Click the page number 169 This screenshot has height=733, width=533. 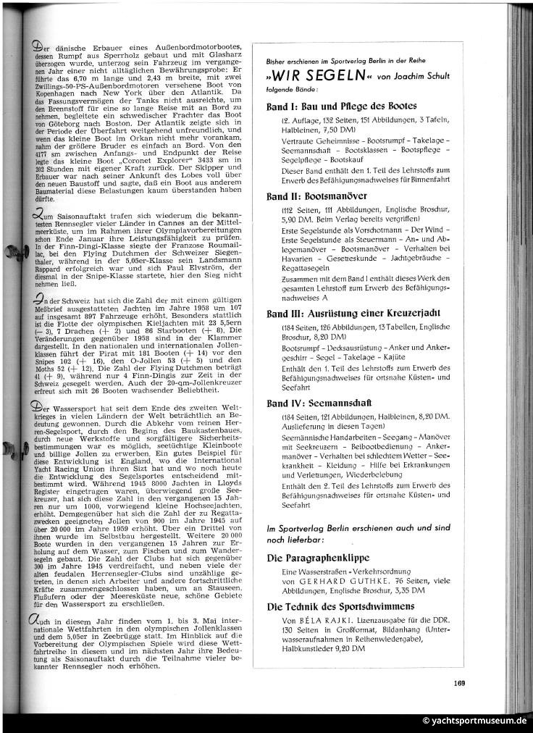[459, 682]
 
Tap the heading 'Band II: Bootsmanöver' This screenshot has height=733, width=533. [316, 196]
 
